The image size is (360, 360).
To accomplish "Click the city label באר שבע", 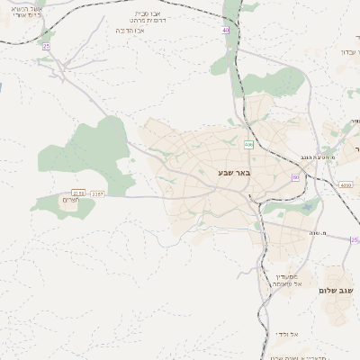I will [x=235, y=171].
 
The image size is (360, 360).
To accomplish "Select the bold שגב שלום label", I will [x=339, y=291].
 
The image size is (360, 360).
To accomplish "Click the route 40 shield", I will [x=226, y=31].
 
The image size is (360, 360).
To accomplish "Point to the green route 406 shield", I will [x=247, y=144].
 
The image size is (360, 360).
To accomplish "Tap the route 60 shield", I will [x=295, y=177].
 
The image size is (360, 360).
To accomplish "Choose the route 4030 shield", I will [x=346, y=185].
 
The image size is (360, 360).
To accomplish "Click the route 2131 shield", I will [x=79, y=193].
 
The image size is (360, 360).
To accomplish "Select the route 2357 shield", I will [x=97, y=193].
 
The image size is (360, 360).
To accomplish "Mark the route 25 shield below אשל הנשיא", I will [x=45, y=45].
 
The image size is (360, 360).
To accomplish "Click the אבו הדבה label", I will [x=131, y=30].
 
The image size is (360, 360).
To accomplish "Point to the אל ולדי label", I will [x=288, y=334].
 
